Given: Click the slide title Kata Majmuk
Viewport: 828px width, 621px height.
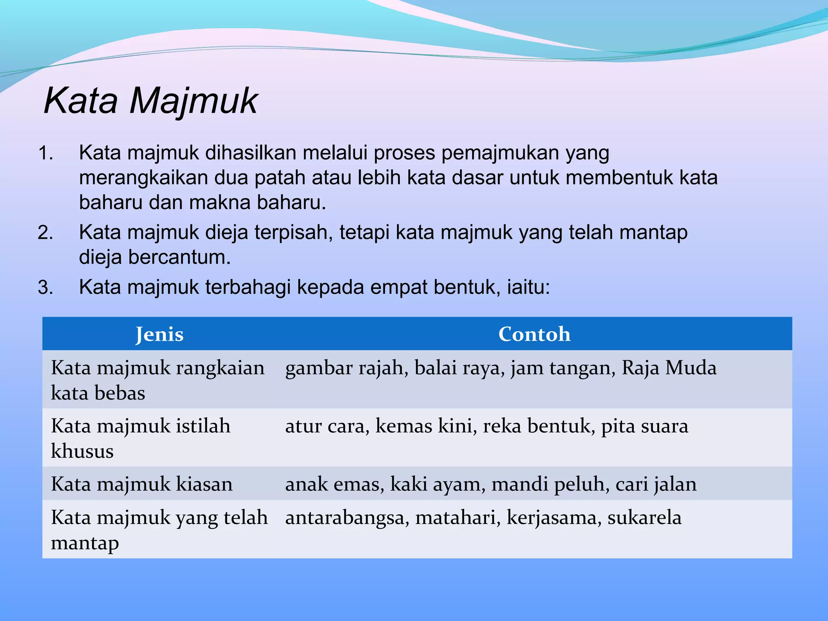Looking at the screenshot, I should pos(150,101).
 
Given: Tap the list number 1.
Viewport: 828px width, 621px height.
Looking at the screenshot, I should pos(45,154).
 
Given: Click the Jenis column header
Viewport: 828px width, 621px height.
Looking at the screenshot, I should pos(159,334).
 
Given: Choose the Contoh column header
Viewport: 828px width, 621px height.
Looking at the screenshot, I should pos(534,334).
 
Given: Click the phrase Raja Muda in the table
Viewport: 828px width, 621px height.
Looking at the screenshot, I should pos(669,368).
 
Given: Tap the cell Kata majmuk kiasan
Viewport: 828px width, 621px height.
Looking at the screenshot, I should pos(142,484).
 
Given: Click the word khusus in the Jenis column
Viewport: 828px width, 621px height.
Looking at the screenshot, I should pos(82,451).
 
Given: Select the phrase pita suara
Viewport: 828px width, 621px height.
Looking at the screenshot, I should pos(644,426).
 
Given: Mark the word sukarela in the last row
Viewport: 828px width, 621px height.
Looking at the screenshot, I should pos(644,517).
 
